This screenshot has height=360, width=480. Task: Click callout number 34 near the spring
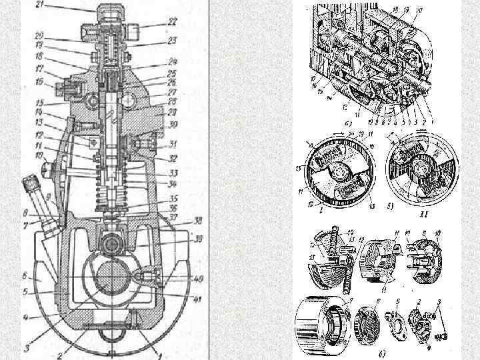[172, 184]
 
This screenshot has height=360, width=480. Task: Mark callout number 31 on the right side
[173, 144]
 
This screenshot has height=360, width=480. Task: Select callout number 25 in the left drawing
[172, 73]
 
